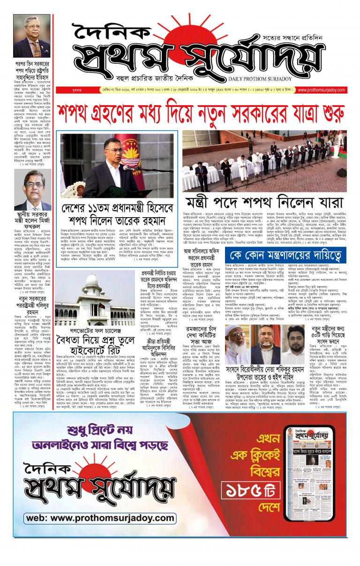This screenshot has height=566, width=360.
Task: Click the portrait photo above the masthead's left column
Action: click(31, 35)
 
